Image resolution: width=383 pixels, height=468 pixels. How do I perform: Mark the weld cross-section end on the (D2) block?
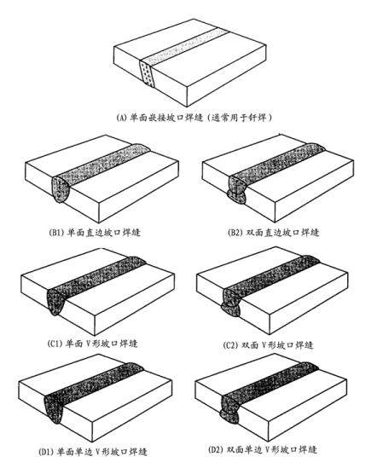[x=229, y=411]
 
